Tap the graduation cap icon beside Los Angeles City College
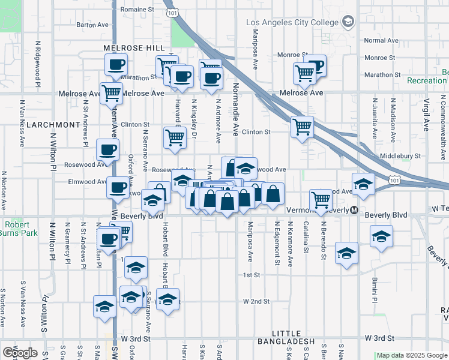[x=348, y=23]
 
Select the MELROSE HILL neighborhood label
[x=133, y=48]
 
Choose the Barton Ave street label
[x=92, y=25]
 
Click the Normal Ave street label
[x=381, y=41]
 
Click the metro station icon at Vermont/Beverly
[x=355, y=211]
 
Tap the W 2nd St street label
[x=257, y=301]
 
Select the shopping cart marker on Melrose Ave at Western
[x=112, y=94]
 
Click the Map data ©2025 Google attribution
[x=412, y=355]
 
